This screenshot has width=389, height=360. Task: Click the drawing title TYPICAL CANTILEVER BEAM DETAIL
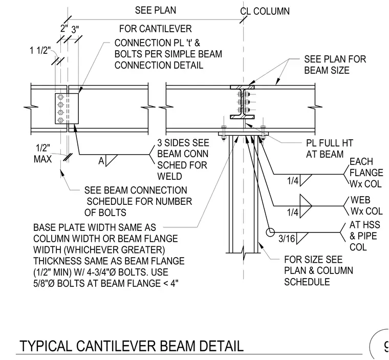(x=132, y=346)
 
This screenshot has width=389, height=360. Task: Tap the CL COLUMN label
(x=265, y=11)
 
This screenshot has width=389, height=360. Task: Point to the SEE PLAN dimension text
(x=156, y=10)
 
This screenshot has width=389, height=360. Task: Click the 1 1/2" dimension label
(x=40, y=51)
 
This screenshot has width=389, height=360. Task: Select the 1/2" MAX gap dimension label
(x=42, y=154)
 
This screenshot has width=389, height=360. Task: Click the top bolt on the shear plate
(x=60, y=97)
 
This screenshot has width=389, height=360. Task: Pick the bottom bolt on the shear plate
(x=60, y=120)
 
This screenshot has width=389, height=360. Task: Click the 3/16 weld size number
(x=287, y=239)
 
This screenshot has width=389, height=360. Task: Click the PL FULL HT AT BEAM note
(x=330, y=149)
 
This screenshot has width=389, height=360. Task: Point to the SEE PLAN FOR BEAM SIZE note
(x=335, y=65)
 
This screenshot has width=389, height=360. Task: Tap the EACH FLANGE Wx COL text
(x=366, y=173)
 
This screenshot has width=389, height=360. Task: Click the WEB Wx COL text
(x=366, y=205)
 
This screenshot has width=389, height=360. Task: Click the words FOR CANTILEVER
(x=156, y=29)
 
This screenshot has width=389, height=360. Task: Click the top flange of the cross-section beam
(x=242, y=87)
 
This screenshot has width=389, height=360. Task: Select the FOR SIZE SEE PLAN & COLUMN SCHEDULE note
(x=318, y=271)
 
